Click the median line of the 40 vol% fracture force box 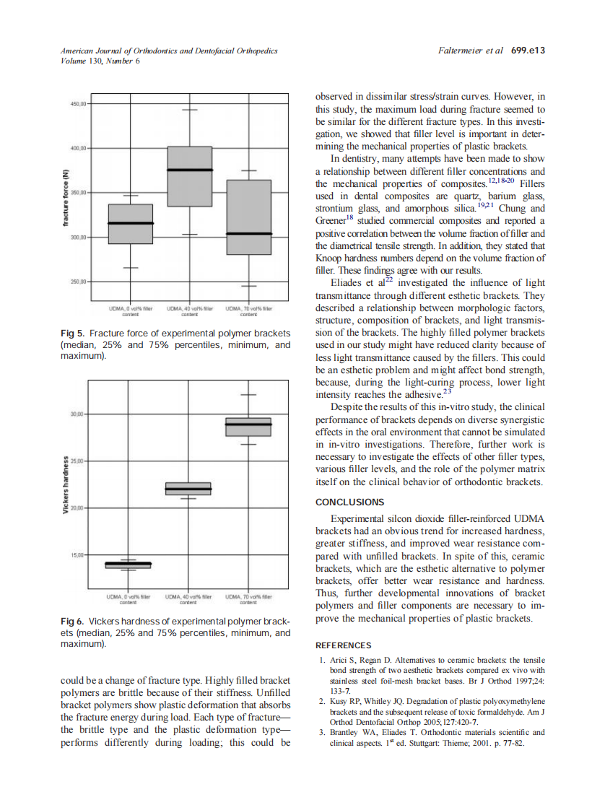190,170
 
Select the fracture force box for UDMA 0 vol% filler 130,224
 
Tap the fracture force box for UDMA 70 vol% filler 248,217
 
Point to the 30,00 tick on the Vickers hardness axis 77,414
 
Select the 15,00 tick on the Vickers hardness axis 77,554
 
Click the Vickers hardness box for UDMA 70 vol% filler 248,427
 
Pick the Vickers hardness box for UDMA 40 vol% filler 189,489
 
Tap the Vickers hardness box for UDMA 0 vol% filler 129,565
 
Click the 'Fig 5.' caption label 72,334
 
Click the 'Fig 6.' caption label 72,621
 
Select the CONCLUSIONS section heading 350,502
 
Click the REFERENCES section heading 344,645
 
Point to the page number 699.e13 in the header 526,51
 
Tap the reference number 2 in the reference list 321,701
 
